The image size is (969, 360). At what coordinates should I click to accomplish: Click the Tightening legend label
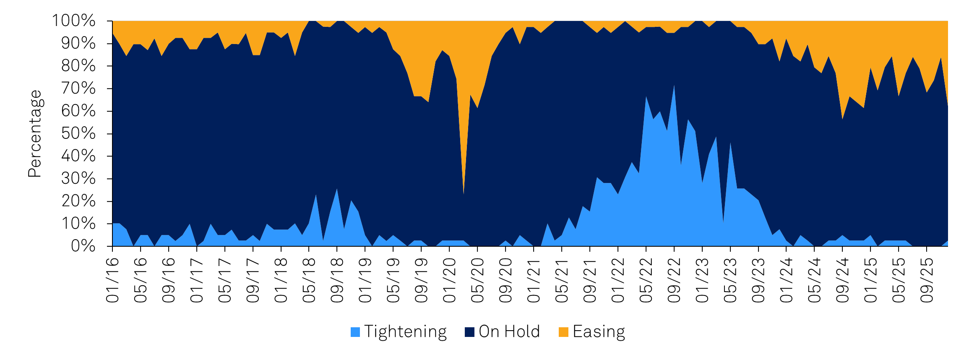405,331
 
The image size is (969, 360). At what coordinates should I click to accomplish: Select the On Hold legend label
509,331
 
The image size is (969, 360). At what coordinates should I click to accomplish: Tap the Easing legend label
599,331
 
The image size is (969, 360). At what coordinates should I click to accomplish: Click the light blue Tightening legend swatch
355,332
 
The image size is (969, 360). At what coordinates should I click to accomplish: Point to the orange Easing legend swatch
563,332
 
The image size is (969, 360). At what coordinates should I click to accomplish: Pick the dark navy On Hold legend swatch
469,332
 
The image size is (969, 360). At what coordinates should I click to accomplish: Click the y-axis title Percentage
35,133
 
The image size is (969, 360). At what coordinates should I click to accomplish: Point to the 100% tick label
74,21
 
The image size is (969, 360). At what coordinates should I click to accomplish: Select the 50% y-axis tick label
78,133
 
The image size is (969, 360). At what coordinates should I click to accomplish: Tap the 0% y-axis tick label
83,246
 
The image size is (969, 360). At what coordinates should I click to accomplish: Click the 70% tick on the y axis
78,89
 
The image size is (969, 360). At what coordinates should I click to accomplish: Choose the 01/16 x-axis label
113,280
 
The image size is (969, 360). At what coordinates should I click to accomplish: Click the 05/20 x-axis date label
477,280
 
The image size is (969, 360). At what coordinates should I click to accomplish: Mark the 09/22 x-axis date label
674,280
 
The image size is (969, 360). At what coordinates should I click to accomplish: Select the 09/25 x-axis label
927,280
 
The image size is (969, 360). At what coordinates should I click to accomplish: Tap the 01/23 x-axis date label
702,280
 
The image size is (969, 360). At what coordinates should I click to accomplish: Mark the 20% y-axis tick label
78,201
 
